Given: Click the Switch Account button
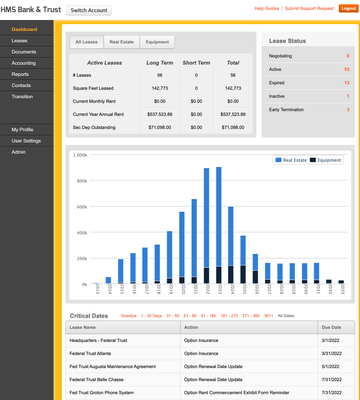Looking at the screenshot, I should [x=91, y=9].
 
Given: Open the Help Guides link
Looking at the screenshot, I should [x=267, y=7].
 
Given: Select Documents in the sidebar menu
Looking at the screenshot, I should [x=25, y=51].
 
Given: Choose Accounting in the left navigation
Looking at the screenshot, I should [x=26, y=63].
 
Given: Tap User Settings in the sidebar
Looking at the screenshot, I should [x=27, y=141].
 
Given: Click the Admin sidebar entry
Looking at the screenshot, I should [x=19, y=152].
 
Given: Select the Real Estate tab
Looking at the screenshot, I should [x=122, y=43].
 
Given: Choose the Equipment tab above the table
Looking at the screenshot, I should [x=157, y=43].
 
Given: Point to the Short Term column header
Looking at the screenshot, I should [x=196, y=63].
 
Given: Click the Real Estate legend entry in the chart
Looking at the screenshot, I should [x=293, y=159].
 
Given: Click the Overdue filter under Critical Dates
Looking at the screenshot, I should [x=129, y=315].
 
